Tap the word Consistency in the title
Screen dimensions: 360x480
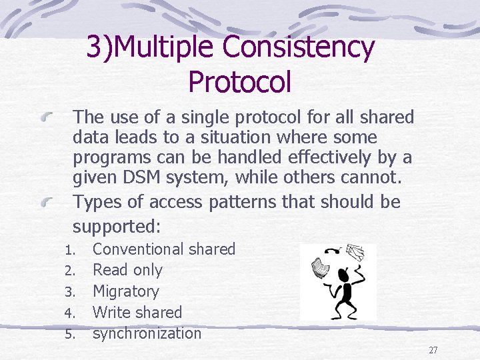tap(299, 47)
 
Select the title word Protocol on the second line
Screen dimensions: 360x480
tap(240, 82)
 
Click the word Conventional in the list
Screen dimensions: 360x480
tap(138, 249)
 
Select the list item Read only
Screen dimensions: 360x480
tap(127, 270)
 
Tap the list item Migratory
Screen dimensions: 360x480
tap(126, 291)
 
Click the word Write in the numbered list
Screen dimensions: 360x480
tap(110, 312)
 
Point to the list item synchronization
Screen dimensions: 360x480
tap(147, 333)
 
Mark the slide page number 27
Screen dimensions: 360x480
tap(433, 350)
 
